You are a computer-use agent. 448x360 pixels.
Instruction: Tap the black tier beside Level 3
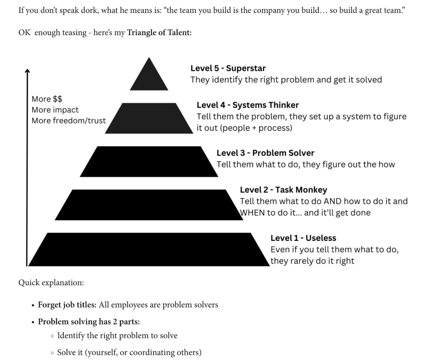[149, 161]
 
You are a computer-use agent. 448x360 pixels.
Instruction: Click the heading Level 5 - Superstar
[228, 68]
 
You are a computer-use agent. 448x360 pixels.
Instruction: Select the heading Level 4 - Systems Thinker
[247, 105]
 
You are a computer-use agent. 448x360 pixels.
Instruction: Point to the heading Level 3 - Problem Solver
[265, 153]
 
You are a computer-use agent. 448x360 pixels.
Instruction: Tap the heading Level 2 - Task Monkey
[283, 190]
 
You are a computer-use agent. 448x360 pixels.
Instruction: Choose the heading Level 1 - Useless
[303, 238]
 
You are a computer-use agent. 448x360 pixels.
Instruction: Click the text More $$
[47, 99]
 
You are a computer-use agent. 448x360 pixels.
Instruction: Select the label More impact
[55, 110]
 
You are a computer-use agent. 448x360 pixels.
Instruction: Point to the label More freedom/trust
[69, 121]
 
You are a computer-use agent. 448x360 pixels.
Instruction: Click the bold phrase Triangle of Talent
[159, 32]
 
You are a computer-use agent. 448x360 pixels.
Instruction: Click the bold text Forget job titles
[67, 304]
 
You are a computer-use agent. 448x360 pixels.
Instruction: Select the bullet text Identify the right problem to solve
[117, 335]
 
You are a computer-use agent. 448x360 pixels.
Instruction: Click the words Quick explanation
[51, 283]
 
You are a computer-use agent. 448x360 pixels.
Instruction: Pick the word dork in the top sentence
[89, 10]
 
